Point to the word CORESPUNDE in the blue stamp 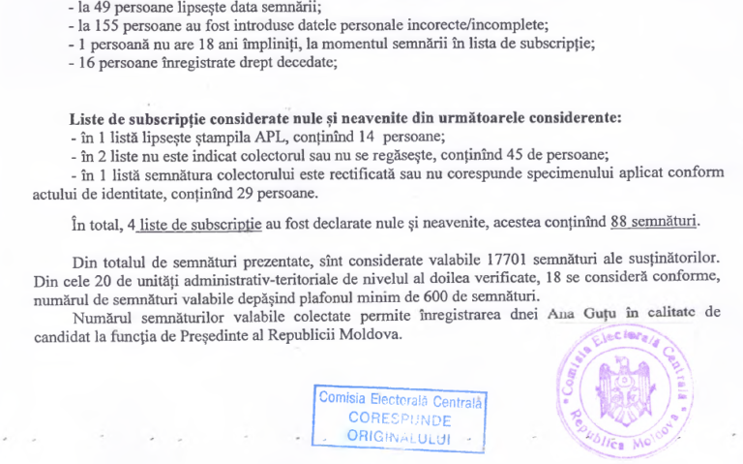[x=399, y=419]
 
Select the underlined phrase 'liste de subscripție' [x=199, y=224]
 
